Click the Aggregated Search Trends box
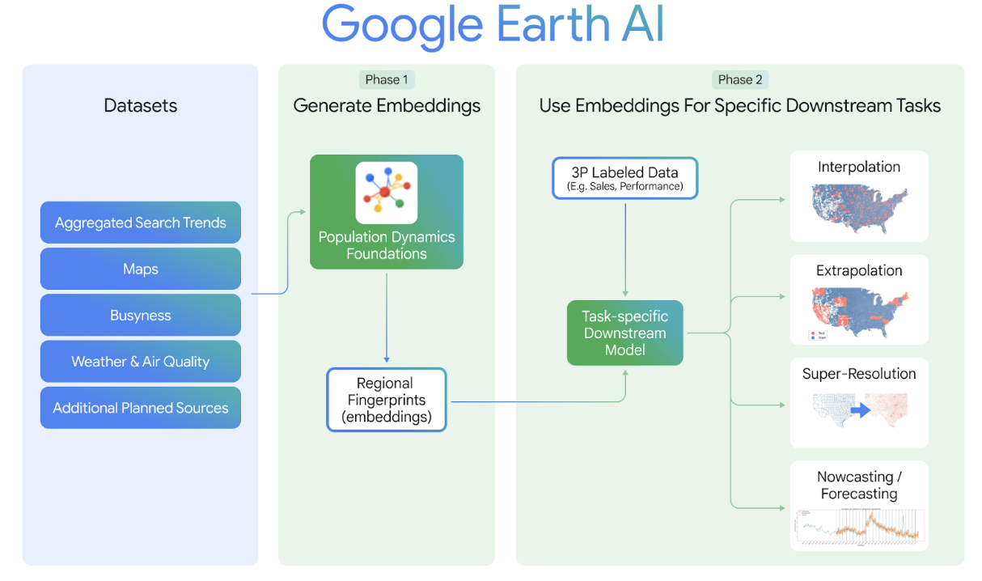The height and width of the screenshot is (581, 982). coord(140,223)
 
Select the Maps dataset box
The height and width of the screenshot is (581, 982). coord(140,269)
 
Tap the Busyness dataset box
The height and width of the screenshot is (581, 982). coord(140,316)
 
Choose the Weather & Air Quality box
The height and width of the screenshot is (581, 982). coord(140,362)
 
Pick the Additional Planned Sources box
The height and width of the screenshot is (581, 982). coord(140,408)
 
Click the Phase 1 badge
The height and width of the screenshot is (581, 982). coord(387,79)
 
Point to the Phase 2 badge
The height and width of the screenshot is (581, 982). coord(740,79)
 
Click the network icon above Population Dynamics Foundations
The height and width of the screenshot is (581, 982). coord(387,193)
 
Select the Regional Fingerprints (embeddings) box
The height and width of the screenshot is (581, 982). coord(386,400)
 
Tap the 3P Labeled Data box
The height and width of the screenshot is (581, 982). coord(624,178)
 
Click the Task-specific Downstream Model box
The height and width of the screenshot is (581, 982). coord(624,333)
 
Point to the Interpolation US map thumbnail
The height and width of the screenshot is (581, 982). coord(859,209)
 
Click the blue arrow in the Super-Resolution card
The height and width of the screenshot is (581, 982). coord(859,410)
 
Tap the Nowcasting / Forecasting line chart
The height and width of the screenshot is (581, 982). coord(859,526)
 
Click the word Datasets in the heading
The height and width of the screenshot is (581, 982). coord(140,105)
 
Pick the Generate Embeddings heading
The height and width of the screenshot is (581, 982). coord(387,105)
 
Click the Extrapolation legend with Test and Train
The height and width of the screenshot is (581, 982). coord(818,335)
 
